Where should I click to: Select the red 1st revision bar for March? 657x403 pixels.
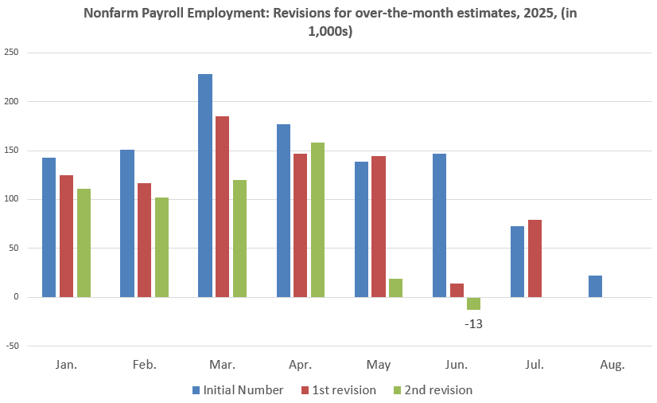pyautogui.click(x=222, y=206)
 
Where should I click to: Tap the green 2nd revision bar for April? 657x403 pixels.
pyautogui.click(x=317, y=220)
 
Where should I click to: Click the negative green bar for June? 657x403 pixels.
pyautogui.click(x=474, y=303)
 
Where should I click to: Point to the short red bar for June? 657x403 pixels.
pyautogui.click(x=457, y=291)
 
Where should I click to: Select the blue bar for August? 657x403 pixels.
pyautogui.click(x=596, y=287)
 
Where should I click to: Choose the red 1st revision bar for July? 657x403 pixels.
pyautogui.click(x=535, y=259)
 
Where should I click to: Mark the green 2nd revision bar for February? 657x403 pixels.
pyautogui.click(x=161, y=247)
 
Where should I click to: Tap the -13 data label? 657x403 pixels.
pyautogui.click(x=474, y=324)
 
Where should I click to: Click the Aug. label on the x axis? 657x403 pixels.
pyautogui.click(x=612, y=366)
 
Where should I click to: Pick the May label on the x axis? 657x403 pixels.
pyautogui.click(x=379, y=366)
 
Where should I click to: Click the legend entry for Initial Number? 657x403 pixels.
pyautogui.click(x=238, y=390)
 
